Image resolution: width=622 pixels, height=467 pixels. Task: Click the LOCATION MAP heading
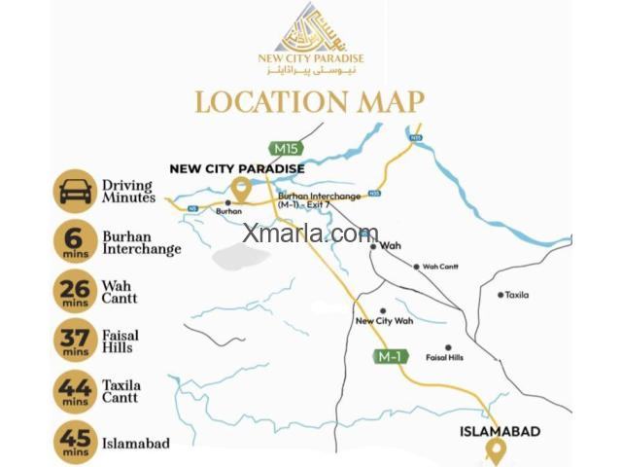pos(310,101)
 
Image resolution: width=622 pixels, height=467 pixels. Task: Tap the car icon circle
pos(74,191)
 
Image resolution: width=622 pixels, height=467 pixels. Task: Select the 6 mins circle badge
pos(74,241)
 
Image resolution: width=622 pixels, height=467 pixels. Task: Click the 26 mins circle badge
pos(74,292)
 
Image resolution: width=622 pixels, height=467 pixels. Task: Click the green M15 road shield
pos(288,148)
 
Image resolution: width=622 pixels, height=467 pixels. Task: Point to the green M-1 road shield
pos(390,357)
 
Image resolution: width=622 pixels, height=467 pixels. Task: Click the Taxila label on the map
pos(517,294)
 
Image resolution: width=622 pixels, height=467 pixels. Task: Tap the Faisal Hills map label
pos(444,357)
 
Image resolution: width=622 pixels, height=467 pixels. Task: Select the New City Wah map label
pos(384,320)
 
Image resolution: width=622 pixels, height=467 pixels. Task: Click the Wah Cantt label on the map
pos(439,267)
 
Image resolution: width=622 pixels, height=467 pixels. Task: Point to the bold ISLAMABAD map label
pos(500,430)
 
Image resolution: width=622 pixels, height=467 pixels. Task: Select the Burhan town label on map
pos(228,209)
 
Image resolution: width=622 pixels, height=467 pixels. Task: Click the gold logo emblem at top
pos(310,29)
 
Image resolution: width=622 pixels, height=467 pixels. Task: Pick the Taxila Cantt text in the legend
pos(121,391)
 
